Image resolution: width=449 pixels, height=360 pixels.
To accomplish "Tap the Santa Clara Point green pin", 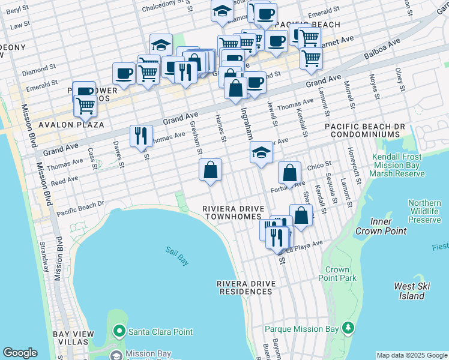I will (119, 331).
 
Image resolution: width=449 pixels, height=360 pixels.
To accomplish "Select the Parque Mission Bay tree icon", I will (348, 328).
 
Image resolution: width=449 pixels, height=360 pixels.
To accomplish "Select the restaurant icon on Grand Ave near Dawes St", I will (141, 136).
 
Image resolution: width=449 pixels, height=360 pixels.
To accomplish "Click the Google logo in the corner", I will (19, 353).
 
